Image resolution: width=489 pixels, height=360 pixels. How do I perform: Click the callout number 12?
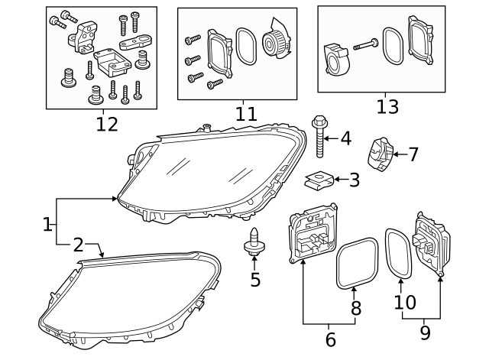107,124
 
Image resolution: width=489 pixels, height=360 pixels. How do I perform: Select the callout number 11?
245,114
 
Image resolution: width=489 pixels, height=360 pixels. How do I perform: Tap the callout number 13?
387,106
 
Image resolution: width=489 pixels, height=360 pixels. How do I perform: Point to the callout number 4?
345,138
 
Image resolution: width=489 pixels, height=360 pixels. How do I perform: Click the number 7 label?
413,154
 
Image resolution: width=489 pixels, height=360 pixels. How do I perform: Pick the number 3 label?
354,180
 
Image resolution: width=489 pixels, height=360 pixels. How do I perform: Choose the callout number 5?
255,280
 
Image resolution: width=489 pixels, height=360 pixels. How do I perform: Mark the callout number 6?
330,339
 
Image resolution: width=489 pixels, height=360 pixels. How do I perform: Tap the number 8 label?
355,309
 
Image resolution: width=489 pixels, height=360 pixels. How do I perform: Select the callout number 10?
404,303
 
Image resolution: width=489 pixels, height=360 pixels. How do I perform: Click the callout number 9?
425,332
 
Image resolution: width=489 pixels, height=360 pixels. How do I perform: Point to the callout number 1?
47,225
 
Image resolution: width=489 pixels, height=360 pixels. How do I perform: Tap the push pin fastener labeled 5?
254,243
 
